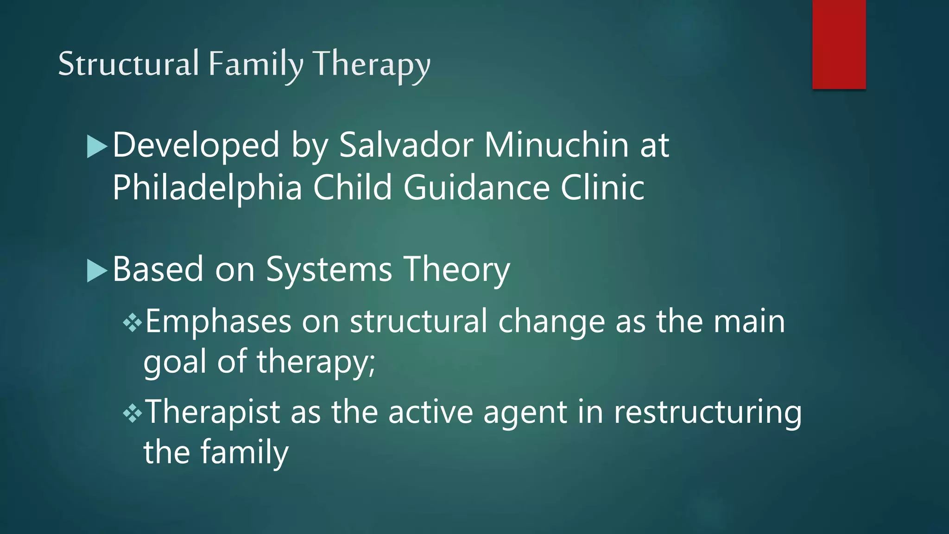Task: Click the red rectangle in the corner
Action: coord(839,44)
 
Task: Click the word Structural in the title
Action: coord(128,64)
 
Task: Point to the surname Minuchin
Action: coord(557,145)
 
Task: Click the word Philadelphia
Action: coord(207,188)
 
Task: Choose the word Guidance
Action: coord(476,188)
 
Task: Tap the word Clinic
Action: coord(602,188)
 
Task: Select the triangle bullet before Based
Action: coord(97,271)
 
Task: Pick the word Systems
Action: coord(329,270)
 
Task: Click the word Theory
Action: coord(456,270)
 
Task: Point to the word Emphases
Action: coord(218,322)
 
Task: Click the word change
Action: coord(551,322)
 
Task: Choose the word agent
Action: coord(525,412)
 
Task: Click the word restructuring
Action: coord(708,412)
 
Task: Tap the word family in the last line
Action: coord(244,452)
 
